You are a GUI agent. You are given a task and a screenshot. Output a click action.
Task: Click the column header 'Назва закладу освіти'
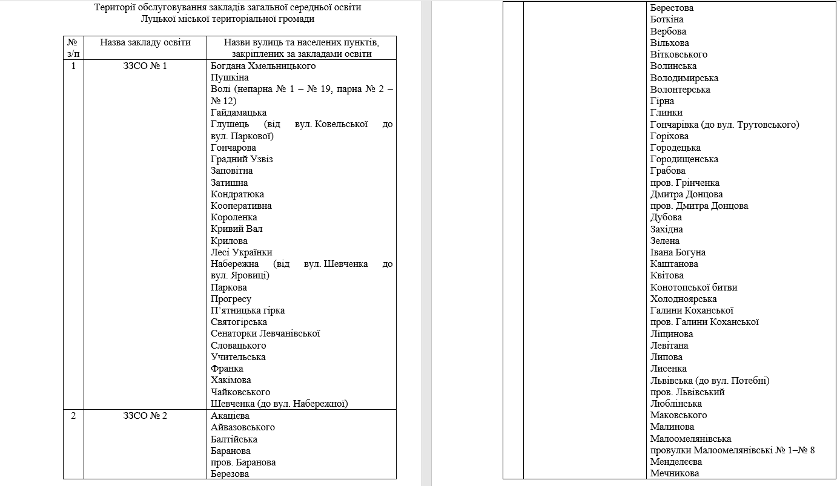(145, 42)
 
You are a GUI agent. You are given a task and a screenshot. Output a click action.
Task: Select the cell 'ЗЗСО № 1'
(145, 66)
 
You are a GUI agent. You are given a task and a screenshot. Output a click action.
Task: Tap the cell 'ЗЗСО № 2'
(145, 416)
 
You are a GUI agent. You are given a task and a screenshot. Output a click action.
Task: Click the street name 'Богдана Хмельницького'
(263, 66)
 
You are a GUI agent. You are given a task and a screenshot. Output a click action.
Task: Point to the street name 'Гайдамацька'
(239, 113)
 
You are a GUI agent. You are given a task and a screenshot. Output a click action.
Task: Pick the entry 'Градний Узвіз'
(242, 159)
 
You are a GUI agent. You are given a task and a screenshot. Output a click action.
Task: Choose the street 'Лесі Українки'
(242, 252)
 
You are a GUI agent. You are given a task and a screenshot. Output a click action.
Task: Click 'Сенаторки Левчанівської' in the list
(265, 333)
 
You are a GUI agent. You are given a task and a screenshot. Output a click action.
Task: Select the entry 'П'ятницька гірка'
(248, 310)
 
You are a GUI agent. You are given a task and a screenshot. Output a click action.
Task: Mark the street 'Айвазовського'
(243, 427)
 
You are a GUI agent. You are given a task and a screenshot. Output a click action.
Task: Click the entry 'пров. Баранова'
(243, 462)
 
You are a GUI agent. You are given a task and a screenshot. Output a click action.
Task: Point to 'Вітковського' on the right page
(678, 54)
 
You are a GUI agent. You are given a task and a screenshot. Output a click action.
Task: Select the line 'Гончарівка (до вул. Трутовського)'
(725, 125)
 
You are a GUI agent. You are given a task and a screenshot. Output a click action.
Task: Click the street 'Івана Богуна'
(678, 252)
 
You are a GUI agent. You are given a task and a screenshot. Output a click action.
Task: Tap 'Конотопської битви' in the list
(693, 287)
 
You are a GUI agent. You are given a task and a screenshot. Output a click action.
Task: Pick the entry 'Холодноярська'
(683, 299)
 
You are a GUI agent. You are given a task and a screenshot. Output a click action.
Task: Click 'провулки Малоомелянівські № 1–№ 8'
(733, 450)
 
